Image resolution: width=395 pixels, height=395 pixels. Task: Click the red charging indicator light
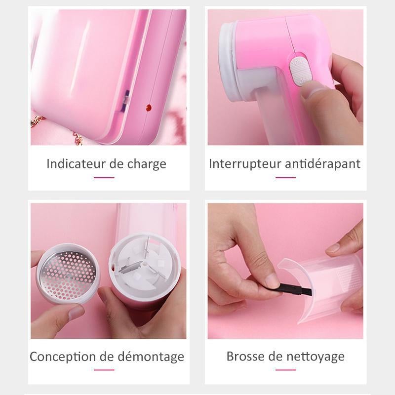[149, 108]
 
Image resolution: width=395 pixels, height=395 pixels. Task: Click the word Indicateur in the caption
[77, 164]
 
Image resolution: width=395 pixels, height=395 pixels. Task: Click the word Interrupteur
[245, 164]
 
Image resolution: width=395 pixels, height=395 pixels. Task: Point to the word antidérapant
[323, 164]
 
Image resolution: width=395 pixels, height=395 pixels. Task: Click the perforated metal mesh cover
[68, 273]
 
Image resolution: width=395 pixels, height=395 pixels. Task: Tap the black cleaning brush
[295, 290]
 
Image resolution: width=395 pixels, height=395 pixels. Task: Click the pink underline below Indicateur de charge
[104, 178]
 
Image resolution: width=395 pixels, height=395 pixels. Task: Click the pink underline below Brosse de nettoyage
[286, 370]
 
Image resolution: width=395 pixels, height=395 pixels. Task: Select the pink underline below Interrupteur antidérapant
[286, 178]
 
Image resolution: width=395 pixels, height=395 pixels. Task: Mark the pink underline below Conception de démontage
[104, 370]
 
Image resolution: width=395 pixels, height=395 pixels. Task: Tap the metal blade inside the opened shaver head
[129, 267]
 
